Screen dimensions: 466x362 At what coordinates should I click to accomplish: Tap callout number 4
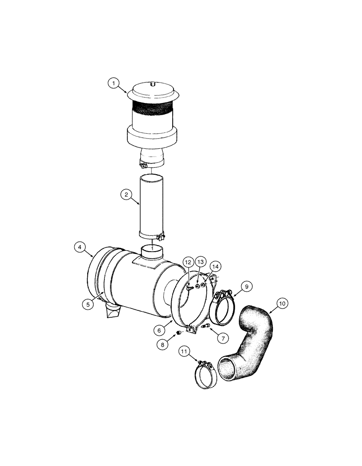click(80, 248)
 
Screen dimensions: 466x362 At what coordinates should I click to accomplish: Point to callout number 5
click(87, 304)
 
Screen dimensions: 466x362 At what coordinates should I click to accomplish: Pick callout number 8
click(162, 344)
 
